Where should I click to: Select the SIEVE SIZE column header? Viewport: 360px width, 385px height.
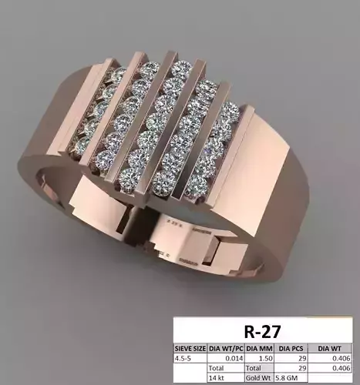[x=190, y=348]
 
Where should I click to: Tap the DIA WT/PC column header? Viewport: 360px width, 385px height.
[x=225, y=348]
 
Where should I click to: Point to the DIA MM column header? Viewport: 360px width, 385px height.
[x=259, y=348]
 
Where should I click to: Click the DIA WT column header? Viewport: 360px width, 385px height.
[x=333, y=348]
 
